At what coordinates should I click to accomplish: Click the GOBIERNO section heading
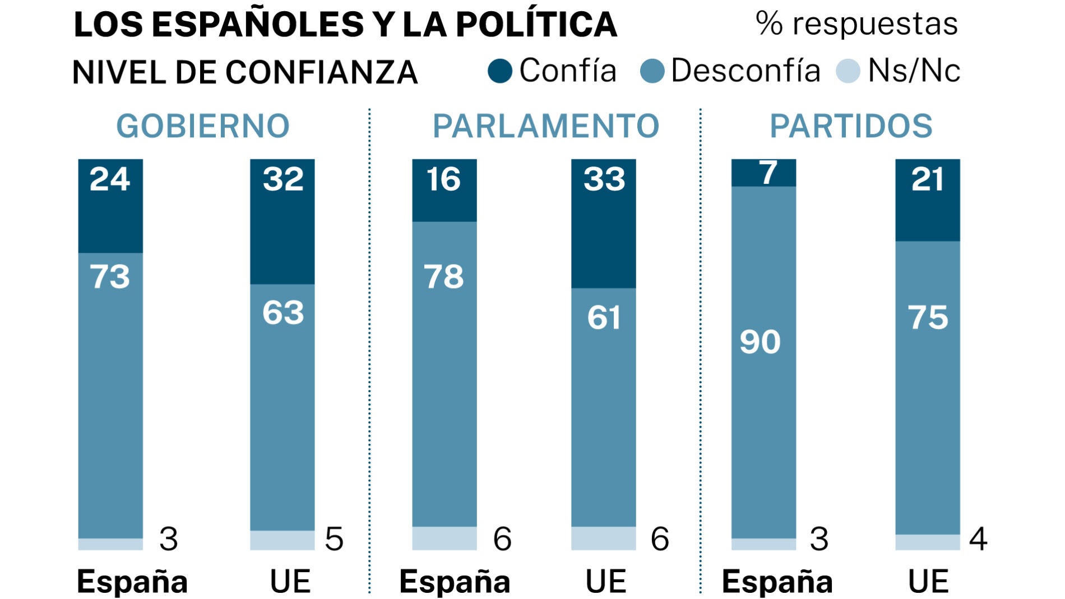(x=203, y=126)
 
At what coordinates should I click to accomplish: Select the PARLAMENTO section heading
(x=546, y=126)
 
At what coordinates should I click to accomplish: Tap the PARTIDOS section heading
(x=851, y=126)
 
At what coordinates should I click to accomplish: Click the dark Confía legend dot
(x=499, y=71)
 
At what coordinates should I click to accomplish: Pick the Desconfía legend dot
(x=652, y=71)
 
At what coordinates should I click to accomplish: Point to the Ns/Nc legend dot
(x=848, y=71)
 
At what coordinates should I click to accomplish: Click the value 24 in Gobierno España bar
(x=110, y=179)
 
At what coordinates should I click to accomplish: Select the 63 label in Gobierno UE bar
(x=283, y=312)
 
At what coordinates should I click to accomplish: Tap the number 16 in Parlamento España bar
(x=443, y=179)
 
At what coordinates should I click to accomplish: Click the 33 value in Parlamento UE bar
(x=604, y=179)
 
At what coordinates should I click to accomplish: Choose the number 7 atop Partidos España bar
(x=768, y=173)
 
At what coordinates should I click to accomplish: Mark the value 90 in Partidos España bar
(x=760, y=341)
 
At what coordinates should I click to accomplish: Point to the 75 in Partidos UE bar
(x=928, y=317)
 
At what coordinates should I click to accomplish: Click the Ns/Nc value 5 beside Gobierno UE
(x=334, y=539)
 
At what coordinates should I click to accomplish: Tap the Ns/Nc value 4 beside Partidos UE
(x=978, y=539)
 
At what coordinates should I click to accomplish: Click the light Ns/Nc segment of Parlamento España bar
(x=444, y=538)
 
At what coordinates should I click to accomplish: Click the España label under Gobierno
(x=132, y=582)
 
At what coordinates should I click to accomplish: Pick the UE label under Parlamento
(x=605, y=582)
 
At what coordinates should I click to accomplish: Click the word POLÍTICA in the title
(x=536, y=25)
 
